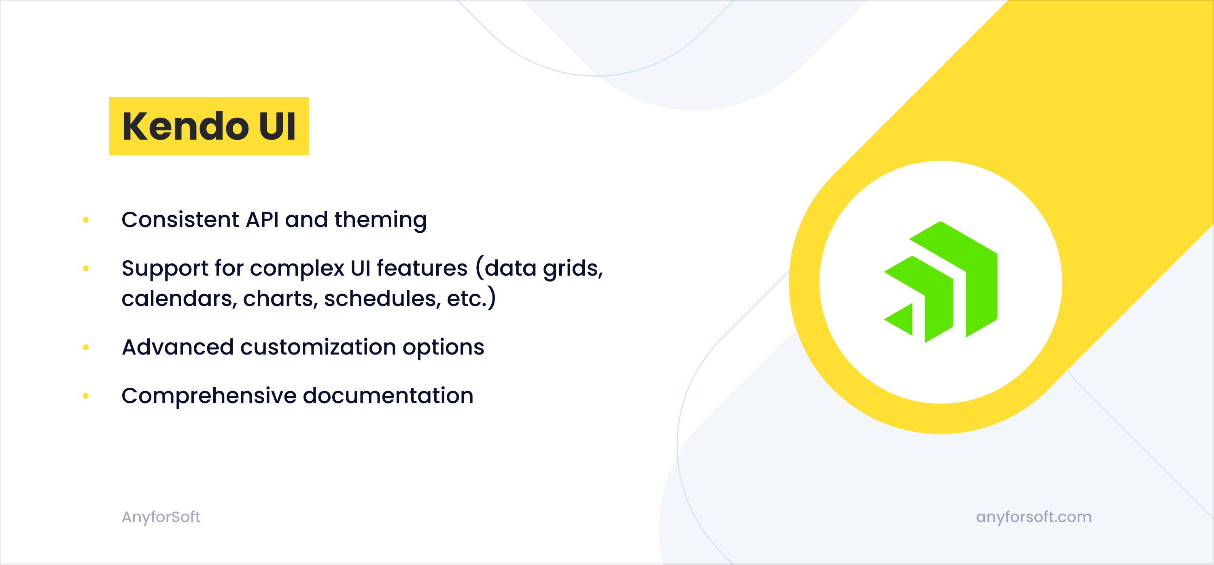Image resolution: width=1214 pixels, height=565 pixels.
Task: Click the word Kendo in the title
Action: point(185,126)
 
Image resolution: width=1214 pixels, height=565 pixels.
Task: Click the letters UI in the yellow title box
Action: point(277,126)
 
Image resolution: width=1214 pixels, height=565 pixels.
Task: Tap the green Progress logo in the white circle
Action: point(940,282)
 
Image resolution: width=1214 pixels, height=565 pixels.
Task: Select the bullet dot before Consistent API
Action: point(86,220)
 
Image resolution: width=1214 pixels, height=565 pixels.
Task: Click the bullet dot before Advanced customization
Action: point(86,347)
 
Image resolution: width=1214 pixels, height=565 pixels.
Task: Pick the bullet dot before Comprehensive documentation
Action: point(86,396)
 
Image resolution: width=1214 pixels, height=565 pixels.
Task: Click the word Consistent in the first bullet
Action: point(180,220)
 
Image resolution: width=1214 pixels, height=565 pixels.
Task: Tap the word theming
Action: point(381,221)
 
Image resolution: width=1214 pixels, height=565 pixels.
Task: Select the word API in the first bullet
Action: point(263,220)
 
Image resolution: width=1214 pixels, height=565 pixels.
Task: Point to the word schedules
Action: point(382,299)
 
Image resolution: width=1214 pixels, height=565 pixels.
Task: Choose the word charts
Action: point(280,299)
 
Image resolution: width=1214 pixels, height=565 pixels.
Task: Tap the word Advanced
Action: point(178,347)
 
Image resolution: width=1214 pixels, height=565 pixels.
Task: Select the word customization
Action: point(318,347)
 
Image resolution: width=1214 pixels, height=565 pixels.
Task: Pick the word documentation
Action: point(388,396)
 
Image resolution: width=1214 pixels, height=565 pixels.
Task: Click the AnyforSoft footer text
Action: point(161,517)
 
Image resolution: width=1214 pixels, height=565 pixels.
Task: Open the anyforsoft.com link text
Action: point(1034,517)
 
